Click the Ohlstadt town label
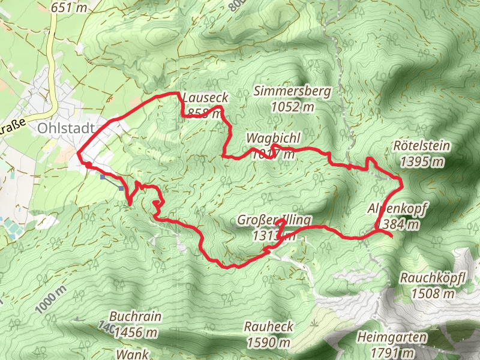click(x=65, y=128)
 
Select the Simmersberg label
click(x=292, y=92)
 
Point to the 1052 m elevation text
click(x=292, y=107)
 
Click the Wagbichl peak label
click(x=273, y=139)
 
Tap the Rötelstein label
click(x=421, y=146)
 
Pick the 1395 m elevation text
click(x=421, y=161)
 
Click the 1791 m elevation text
click(x=393, y=352)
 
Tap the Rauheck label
click(x=269, y=327)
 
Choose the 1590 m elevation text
click(x=269, y=343)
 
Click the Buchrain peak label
click(x=136, y=317)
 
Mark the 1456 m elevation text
click(x=136, y=332)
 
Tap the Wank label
click(x=132, y=354)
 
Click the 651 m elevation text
click(x=69, y=8)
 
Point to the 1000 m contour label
click(x=50, y=299)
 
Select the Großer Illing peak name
click(x=274, y=220)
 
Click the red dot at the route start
click(x=88, y=165)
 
